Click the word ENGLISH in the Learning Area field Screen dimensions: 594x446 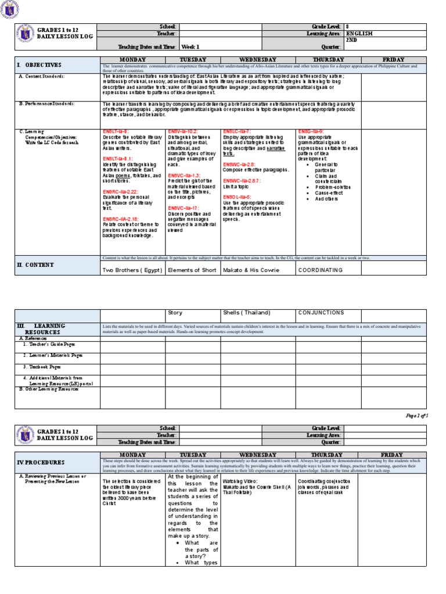coord(359,34)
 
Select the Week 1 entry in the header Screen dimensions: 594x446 coord(190,46)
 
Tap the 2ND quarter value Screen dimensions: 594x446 coord(352,41)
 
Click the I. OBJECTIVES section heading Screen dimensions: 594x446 coord(39,66)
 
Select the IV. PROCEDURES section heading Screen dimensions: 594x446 coord(41,462)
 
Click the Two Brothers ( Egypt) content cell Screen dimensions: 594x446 coord(132,270)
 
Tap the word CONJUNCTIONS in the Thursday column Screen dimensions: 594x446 coord(321,313)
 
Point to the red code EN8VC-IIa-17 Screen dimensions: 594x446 coord(184,207)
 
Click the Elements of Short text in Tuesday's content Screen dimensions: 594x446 coord(192,270)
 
